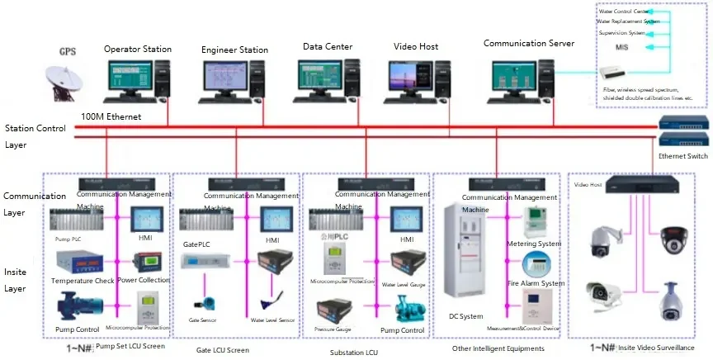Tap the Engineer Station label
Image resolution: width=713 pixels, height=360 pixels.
234,50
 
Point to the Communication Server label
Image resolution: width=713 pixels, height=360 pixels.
528,43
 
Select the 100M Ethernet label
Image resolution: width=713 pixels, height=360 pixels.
111,117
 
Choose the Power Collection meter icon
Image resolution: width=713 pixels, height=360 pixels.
148,264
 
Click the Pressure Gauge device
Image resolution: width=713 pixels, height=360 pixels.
335,312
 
